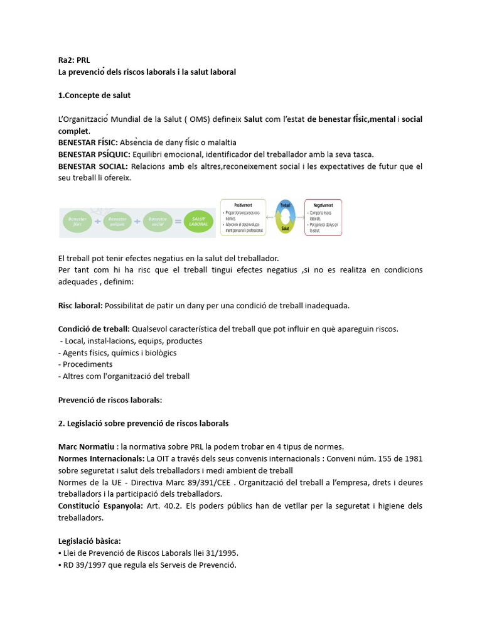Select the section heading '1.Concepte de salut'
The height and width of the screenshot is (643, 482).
click(94, 95)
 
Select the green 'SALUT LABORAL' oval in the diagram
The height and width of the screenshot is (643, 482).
click(198, 222)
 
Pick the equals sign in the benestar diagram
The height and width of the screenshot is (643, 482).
click(178, 222)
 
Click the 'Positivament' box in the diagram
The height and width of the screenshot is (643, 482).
click(244, 217)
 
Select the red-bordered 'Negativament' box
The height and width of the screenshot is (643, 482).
click(323, 217)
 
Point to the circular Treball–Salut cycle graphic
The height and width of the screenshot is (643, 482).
click(285, 217)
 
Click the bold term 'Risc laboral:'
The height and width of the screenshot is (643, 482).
click(80, 306)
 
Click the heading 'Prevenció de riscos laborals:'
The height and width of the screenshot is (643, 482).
click(110, 399)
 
